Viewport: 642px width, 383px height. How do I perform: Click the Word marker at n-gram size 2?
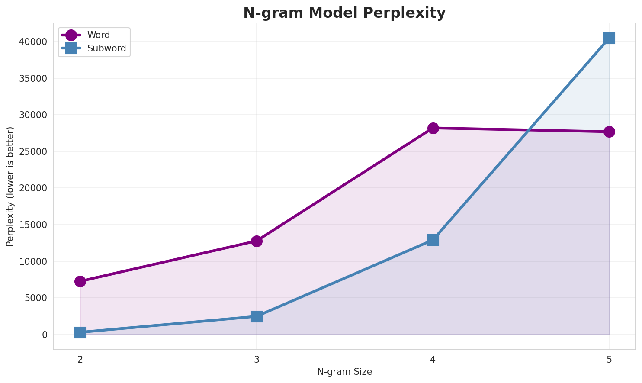80,281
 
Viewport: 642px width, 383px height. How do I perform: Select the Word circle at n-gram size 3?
257,241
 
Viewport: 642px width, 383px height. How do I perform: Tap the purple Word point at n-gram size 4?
433,128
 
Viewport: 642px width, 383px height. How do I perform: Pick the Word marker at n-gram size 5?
609,132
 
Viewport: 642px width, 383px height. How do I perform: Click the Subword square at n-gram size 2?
80,332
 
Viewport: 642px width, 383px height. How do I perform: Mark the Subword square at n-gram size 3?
257,316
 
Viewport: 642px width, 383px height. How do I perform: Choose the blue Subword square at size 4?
433,240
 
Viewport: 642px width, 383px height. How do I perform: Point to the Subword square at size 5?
609,38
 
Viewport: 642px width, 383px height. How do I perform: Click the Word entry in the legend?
98,35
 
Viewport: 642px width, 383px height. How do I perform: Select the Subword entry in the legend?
106,48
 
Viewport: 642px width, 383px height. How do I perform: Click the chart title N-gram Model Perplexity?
344,13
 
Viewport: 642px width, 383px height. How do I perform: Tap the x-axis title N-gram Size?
344,372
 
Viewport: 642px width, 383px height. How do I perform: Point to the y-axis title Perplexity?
10,186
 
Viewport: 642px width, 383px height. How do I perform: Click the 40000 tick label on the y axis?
33,42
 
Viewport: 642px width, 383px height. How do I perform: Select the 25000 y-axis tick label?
33,152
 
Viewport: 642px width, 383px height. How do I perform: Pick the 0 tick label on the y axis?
45,335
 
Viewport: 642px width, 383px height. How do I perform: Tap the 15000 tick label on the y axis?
33,225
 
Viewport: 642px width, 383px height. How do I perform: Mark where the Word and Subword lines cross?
529,130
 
